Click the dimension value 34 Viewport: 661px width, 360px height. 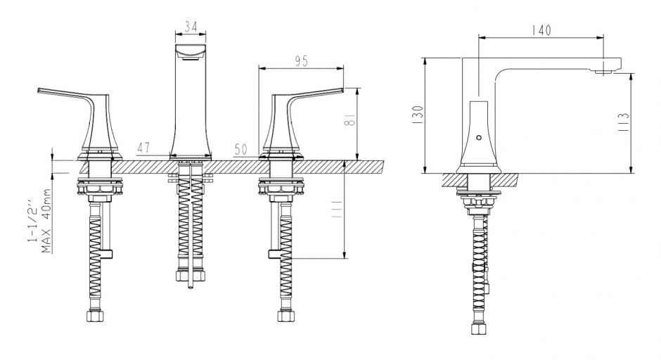click(x=191, y=27)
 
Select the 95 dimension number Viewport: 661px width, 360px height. click(x=302, y=62)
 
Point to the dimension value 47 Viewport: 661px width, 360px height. click(x=143, y=148)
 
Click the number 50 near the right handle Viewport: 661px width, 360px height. click(x=240, y=149)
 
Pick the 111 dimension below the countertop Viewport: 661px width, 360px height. click(x=337, y=210)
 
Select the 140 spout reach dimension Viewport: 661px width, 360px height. click(x=541, y=30)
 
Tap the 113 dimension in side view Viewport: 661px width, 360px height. click(x=624, y=122)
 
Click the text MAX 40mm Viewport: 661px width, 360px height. click(x=47, y=221)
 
